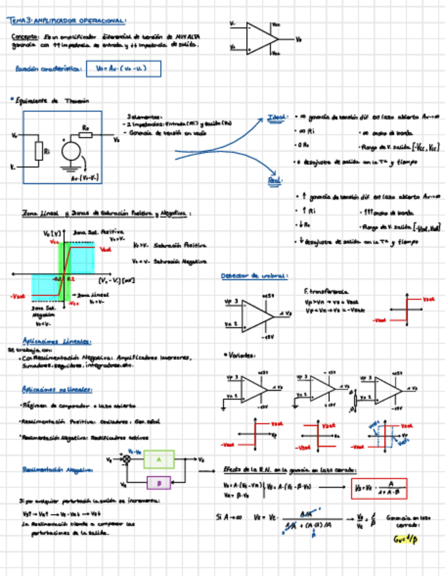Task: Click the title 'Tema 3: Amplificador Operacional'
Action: point(68,22)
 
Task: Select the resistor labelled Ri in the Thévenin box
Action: point(39,151)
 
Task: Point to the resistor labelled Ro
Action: point(85,134)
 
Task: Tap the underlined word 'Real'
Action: point(275,181)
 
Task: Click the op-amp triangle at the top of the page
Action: point(259,38)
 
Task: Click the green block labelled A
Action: point(159,460)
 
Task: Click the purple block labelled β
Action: point(159,482)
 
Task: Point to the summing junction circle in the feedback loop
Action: point(125,460)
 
